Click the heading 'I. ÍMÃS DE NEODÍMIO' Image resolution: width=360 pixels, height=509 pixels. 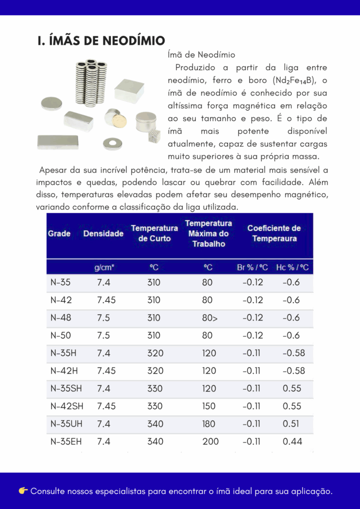[x=101, y=40]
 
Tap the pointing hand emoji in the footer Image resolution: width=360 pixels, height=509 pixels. [x=23, y=491]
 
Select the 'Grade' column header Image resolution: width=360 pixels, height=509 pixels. [x=59, y=233]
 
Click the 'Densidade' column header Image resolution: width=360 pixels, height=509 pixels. [x=103, y=233]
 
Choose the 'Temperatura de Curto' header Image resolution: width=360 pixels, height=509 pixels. [x=154, y=233]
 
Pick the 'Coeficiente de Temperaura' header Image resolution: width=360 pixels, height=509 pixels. [x=274, y=233]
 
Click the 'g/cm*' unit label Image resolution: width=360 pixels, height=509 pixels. [x=104, y=267]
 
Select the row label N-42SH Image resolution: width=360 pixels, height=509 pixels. [x=67, y=406]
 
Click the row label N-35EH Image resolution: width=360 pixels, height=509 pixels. [x=66, y=441]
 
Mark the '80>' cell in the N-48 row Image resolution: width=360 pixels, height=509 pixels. [x=209, y=318]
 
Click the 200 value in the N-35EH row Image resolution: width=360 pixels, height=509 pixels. [x=210, y=441]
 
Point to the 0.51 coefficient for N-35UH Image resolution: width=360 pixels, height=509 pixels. [x=292, y=424]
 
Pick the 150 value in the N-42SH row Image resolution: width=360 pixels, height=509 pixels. [x=209, y=406]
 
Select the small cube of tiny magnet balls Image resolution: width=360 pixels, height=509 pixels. [x=155, y=136]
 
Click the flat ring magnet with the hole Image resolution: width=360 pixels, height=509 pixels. [x=112, y=144]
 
